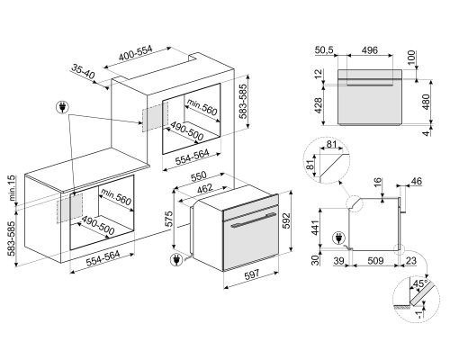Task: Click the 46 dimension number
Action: pos(415,183)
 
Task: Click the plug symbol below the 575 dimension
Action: pos(175,261)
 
